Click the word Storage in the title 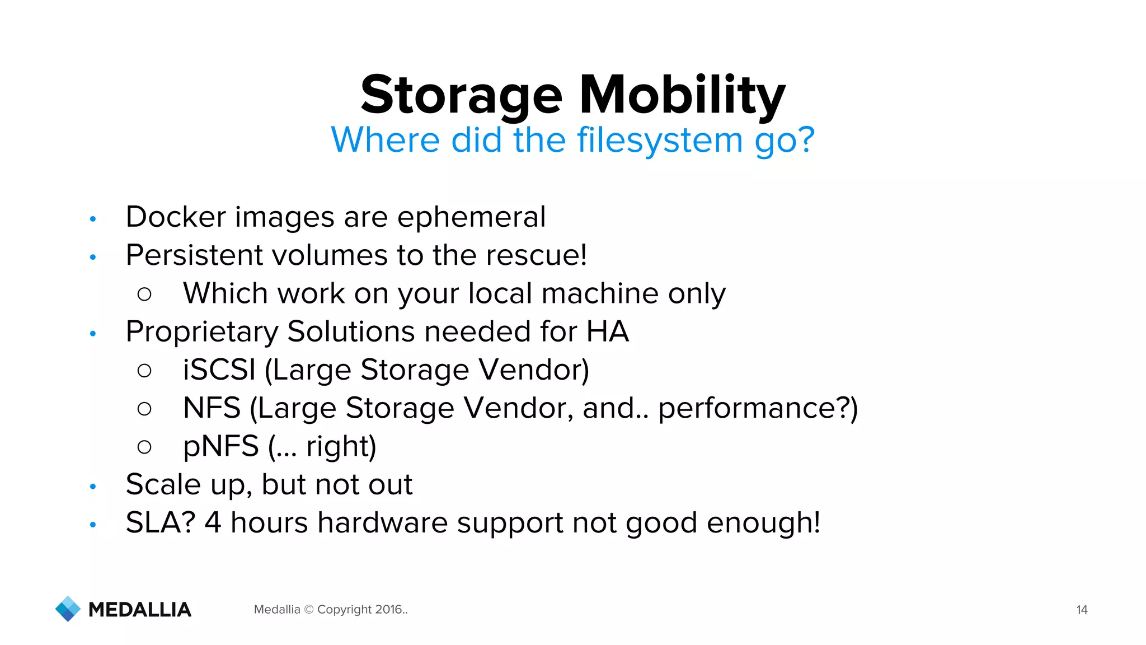coord(461,95)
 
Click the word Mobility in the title coord(682,95)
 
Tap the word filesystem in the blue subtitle coord(660,140)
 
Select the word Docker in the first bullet coord(176,217)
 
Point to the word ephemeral coord(471,217)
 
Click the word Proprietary coord(201,331)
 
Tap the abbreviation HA coord(607,331)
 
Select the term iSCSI coord(219,370)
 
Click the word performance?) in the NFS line coord(758,408)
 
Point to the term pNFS coord(220,447)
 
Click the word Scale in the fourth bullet coord(163,484)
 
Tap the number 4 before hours coord(213,522)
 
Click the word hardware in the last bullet coord(382,522)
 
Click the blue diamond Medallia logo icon coord(68,609)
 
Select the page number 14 coord(1082,610)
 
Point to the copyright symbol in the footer coord(308,609)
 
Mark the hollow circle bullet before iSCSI coord(144,370)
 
